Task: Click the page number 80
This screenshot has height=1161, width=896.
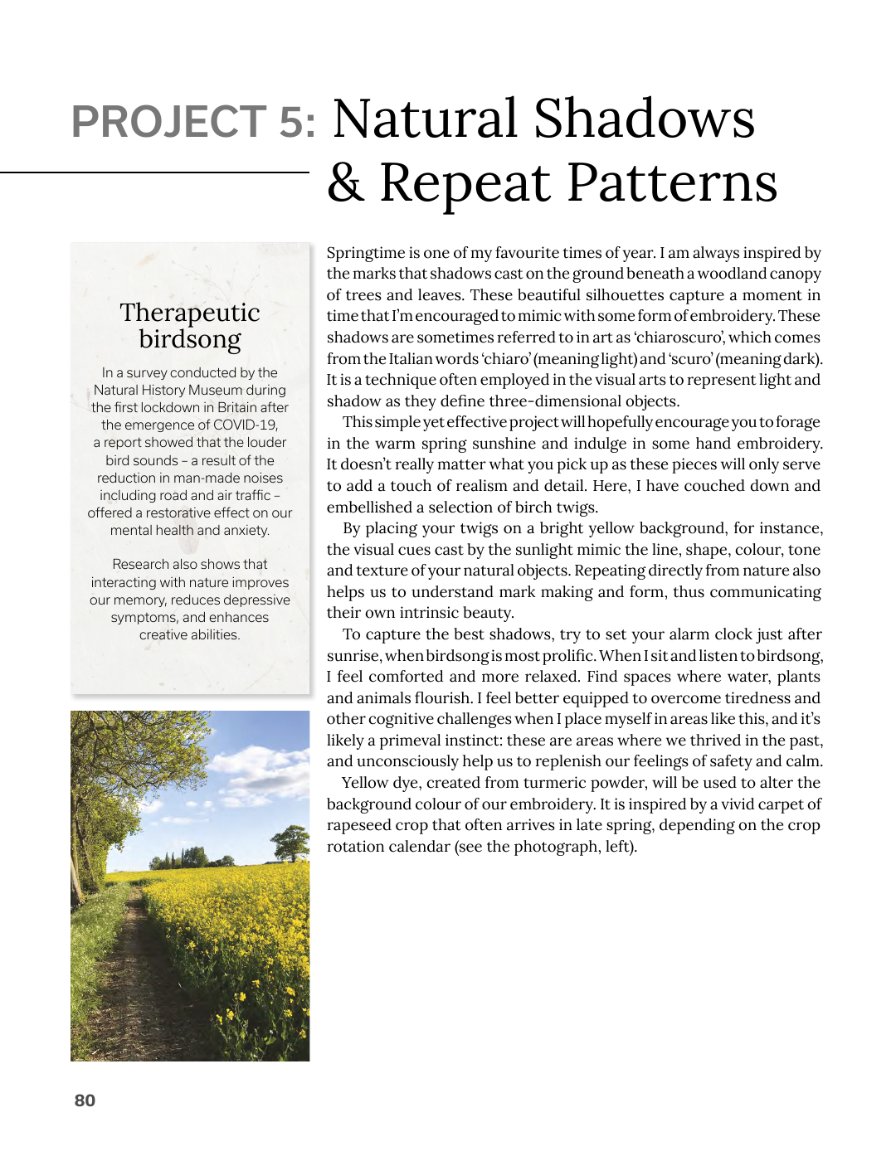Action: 85,1100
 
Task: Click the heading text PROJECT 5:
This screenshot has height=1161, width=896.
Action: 193,122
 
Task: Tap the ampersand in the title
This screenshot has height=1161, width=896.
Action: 346,182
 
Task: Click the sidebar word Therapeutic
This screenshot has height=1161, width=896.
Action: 190,313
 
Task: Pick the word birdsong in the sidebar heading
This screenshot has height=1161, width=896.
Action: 190,340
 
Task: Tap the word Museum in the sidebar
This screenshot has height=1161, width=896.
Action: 214,390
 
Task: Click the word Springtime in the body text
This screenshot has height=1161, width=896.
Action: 366,253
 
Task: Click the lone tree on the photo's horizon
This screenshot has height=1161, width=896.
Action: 291,842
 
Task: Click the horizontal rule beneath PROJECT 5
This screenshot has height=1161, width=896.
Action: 154,172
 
